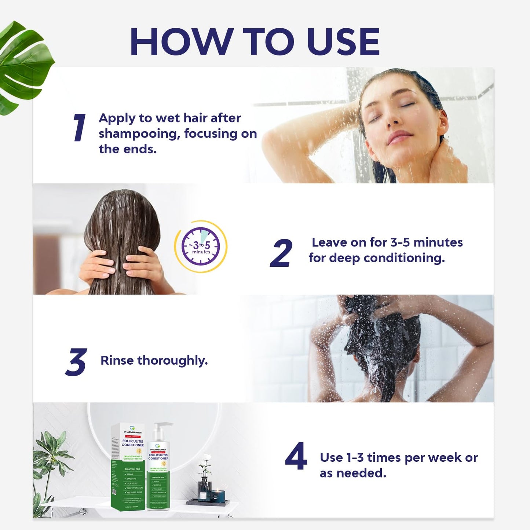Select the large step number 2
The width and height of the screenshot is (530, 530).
[281, 253]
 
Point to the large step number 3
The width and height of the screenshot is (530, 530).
[76, 362]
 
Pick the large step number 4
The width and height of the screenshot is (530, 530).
[296, 456]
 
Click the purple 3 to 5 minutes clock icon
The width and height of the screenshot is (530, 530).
[201, 246]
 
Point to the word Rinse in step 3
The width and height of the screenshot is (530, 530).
[117, 361]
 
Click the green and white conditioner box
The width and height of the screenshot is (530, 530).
[128, 466]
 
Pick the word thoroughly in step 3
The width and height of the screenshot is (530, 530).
[172, 361]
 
